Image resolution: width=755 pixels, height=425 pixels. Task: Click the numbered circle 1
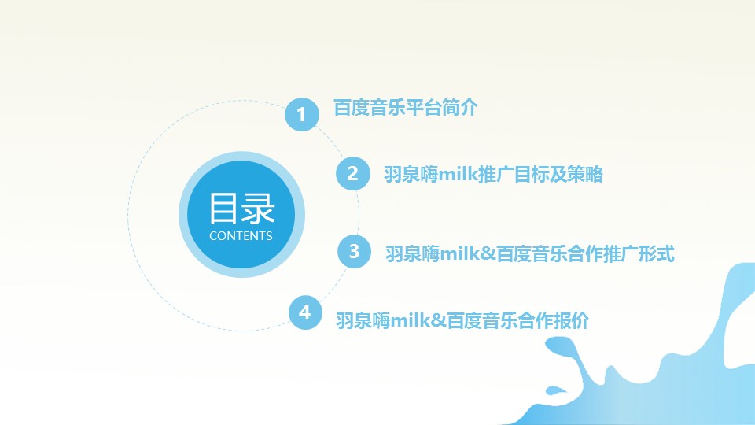[302, 115]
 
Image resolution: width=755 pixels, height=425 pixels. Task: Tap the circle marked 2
[353, 173]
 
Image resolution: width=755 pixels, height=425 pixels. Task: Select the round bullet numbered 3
[355, 251]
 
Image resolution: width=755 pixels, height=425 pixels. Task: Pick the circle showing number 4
[305, 312]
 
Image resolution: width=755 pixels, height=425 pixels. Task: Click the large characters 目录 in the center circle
[241, 209]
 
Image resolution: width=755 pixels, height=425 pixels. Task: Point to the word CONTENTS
[241, 236]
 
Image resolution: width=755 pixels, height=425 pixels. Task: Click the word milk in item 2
[457, 174]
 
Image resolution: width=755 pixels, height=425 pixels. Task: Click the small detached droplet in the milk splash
[555, 390]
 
